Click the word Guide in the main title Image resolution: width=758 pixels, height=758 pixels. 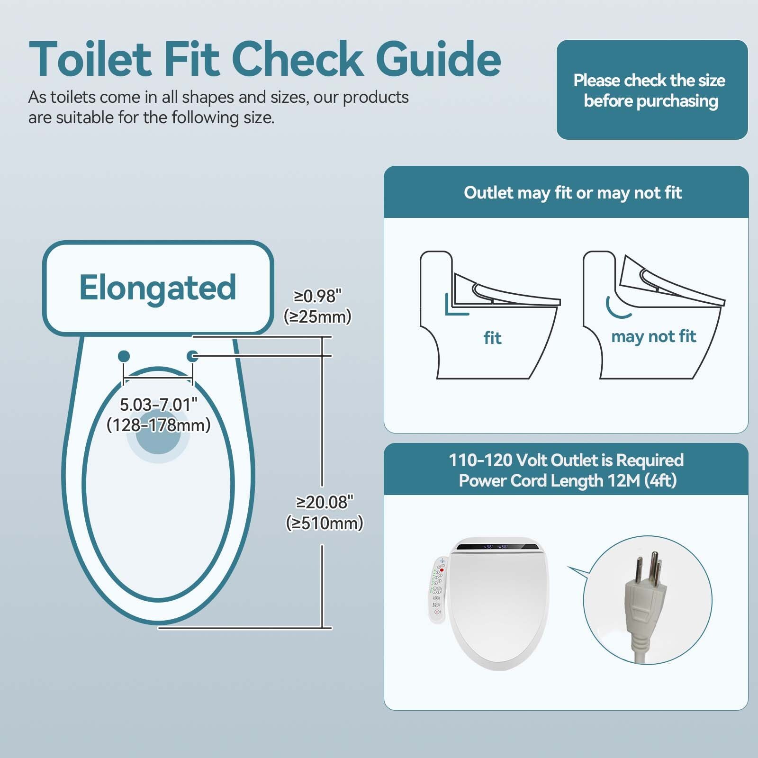(438, 59)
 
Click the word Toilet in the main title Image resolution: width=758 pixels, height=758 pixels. (90, 59)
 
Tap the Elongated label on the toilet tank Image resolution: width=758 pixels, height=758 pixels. (157, 288)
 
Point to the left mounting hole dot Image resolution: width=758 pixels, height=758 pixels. (124, 356)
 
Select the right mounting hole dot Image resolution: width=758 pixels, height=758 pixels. (193, 356)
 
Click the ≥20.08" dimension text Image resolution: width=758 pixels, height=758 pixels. (325, 502)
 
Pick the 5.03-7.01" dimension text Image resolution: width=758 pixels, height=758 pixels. (158, 405)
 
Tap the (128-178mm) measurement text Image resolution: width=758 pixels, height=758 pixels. (158, 425)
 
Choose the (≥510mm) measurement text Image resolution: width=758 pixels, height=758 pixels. (325, 523)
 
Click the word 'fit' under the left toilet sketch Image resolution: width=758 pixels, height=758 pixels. (492, 338)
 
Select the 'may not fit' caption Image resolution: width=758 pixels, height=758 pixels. (653, 336)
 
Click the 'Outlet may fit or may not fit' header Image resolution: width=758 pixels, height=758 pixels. (572, 193)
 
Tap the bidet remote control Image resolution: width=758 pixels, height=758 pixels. (437, 589)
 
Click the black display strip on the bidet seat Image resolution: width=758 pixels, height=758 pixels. (497, 547)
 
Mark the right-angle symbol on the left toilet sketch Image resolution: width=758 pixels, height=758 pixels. (455, 306)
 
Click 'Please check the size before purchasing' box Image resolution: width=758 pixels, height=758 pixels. (651, 90)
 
